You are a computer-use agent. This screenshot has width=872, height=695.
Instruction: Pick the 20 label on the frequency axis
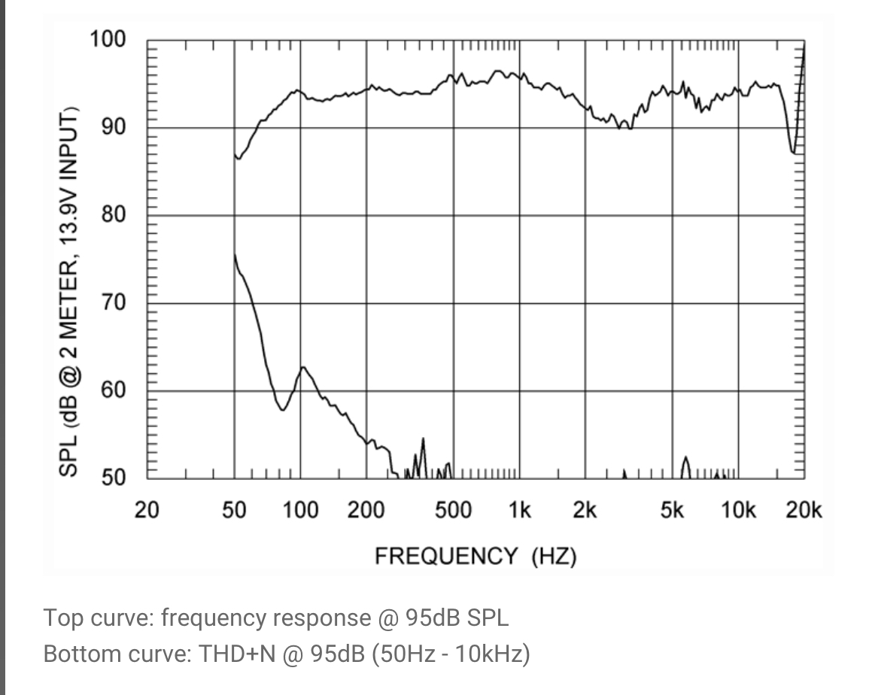(x=147, y=510)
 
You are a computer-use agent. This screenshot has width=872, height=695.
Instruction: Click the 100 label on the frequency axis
(x=300, y=510)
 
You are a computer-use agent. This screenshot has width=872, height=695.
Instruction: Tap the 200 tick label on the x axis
(x=366, y=510)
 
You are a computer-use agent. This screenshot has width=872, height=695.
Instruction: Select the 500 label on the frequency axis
(x=453, y=510)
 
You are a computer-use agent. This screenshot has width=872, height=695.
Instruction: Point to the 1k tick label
(x=519, y=510)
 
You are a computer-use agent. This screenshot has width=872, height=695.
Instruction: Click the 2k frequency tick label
(x=585, y=510)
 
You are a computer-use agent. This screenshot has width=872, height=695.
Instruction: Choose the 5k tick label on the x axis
(x=672, y=510)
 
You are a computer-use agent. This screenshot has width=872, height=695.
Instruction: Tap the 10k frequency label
(x=737, y=510)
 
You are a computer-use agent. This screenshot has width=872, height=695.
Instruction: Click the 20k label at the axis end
(x=804, y=510)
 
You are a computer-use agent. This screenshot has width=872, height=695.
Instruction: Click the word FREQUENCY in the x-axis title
(x=446, y=557)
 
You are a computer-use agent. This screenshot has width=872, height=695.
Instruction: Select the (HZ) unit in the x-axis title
(x=554, y=557)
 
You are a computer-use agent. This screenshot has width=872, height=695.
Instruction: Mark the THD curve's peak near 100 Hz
(x=303, y=367)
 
